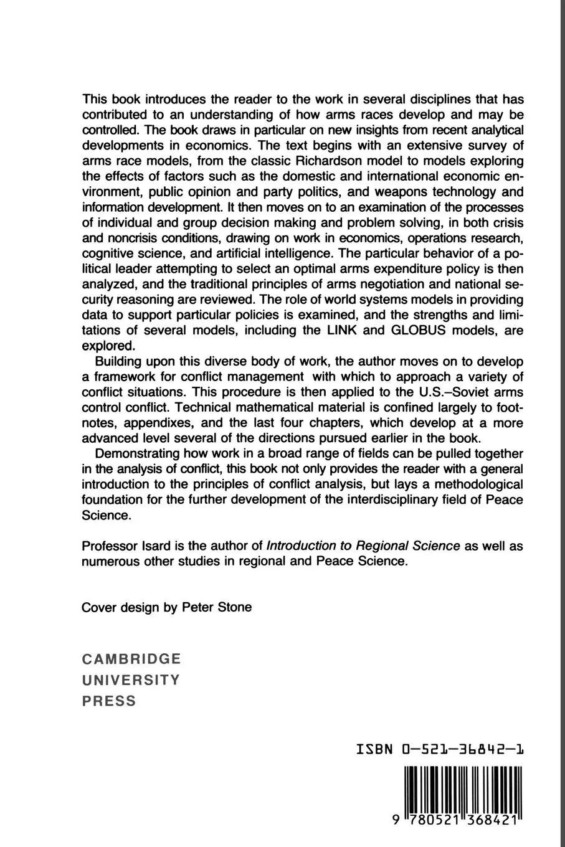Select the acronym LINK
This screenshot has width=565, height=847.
[x=340, y=330]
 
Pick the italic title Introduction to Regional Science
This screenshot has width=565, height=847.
[x=363, y=546]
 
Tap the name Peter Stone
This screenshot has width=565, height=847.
[x=217, y=607]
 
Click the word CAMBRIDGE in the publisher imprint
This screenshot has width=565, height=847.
[x=131, y=658]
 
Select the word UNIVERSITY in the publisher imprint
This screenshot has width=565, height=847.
[x=131, y=679]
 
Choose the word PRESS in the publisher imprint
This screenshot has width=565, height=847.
[x=109, y=701]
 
